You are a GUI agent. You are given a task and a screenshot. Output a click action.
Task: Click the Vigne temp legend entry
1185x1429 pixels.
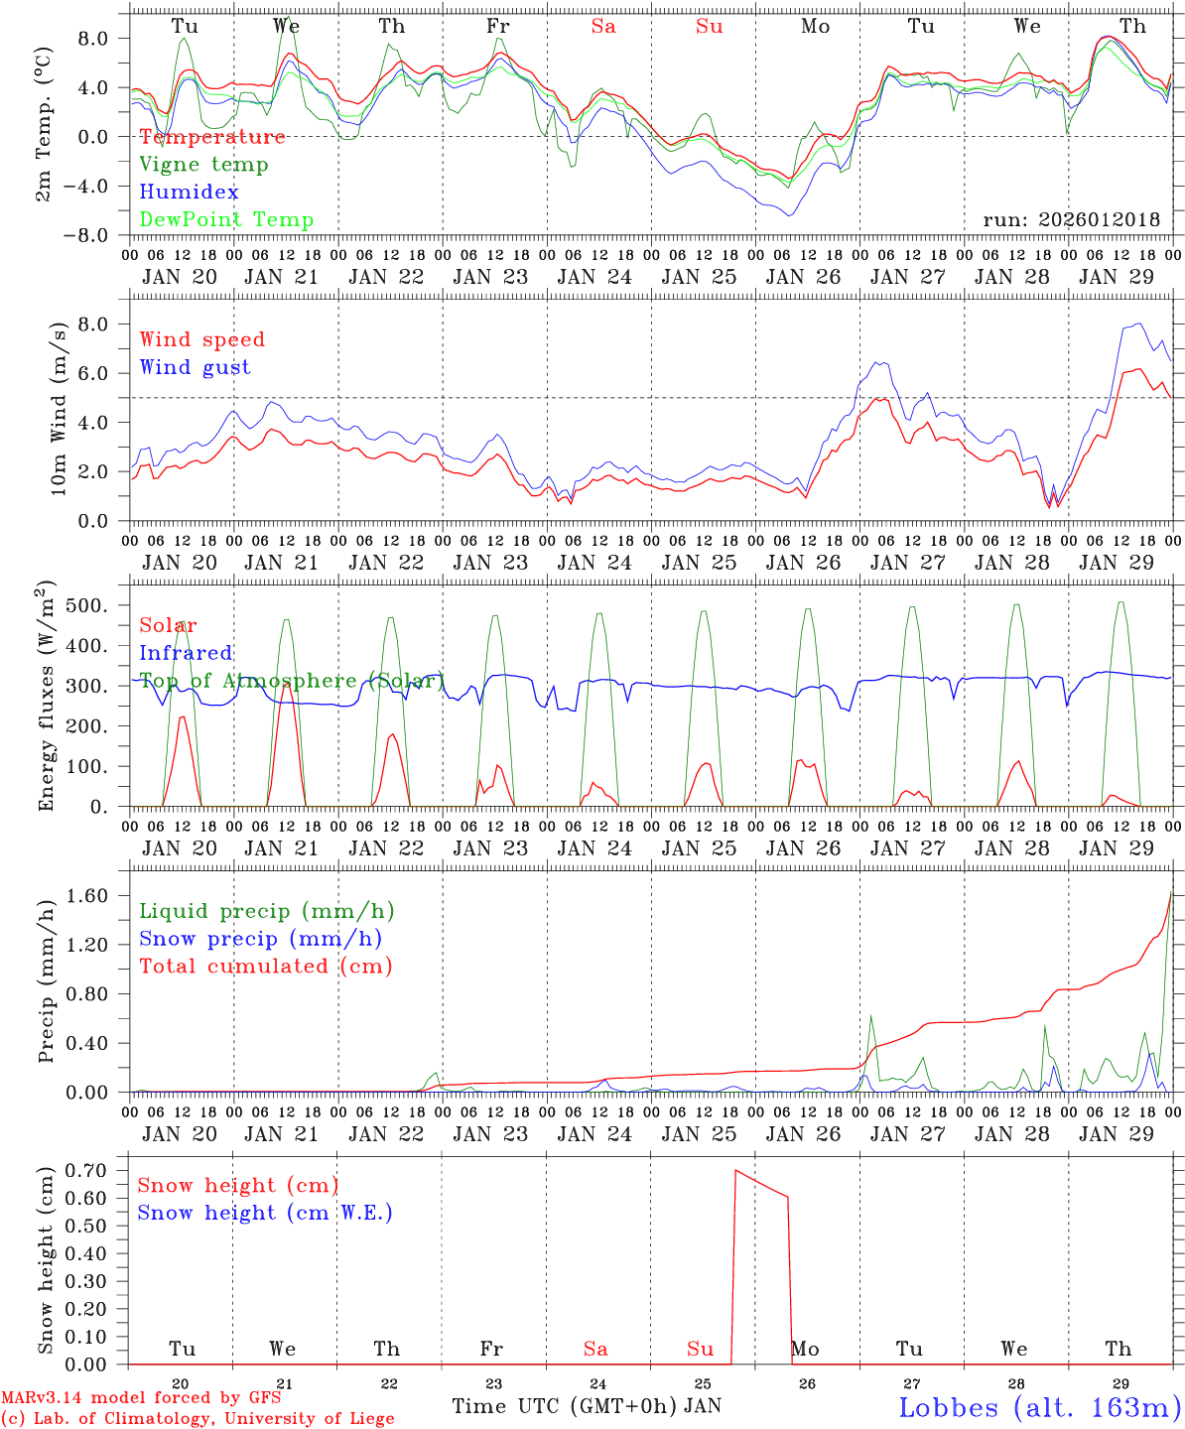tap(203, 165)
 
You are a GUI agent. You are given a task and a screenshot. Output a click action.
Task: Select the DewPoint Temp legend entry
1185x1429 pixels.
tap(226, 220)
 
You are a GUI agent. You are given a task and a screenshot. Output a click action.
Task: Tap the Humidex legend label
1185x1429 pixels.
tap(189, 193)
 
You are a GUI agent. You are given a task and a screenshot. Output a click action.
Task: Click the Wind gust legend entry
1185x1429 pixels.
tap(195, 367)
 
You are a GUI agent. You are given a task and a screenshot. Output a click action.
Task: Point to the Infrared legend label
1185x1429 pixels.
tap(186, 653)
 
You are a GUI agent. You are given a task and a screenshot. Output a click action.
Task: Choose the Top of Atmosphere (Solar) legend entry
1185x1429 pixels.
tap(291, 681)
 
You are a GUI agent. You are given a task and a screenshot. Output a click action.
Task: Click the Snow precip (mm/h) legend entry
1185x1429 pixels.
tap(260, 939)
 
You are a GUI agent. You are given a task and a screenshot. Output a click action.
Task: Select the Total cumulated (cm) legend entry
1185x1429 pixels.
tap(265, 967)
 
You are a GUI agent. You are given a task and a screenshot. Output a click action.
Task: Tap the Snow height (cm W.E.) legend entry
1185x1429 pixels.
tap(265, 1213)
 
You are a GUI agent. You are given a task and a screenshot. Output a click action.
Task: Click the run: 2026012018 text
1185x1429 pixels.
tap(1071, 220)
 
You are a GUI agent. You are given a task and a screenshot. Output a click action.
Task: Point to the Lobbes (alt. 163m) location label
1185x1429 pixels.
tap(1039, 1407)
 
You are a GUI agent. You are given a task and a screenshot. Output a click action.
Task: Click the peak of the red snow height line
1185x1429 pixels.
tap(735, 1171)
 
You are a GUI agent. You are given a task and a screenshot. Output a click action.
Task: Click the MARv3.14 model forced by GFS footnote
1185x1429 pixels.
tap(141, 1398)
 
